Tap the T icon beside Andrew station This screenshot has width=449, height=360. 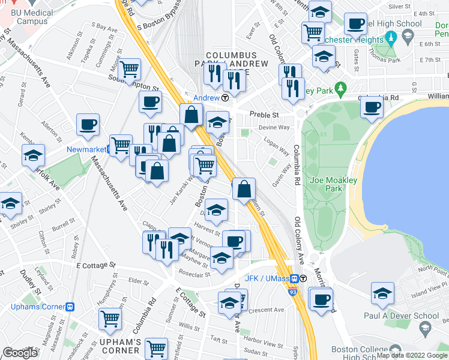tap(224, 98)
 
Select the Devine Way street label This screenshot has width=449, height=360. tap(274, 127)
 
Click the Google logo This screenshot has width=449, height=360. tap(20, 353)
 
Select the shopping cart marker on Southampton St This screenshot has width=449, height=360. tap(130, 70)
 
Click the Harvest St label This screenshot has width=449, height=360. tap(207, 232)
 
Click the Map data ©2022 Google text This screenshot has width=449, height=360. tap(411, 355)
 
